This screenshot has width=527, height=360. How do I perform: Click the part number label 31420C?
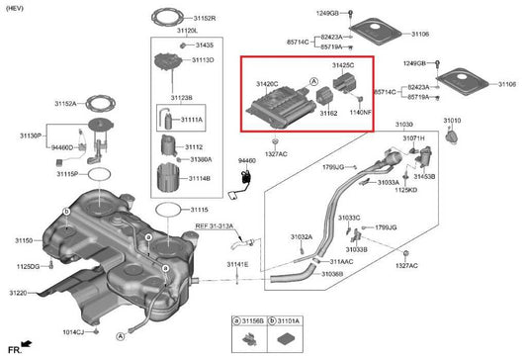point(267,85)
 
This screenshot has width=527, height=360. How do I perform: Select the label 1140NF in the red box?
point(360,114)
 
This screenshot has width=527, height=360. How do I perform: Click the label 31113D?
point(204,60)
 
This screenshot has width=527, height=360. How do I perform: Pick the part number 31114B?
point(199,178)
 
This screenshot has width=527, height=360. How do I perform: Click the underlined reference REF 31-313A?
point(214,225)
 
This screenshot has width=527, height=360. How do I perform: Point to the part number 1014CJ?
point(73,333)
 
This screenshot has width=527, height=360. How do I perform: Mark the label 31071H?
point(412,139)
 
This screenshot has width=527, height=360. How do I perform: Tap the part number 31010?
point(452,120)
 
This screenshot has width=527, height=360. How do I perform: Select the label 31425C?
point(343,65)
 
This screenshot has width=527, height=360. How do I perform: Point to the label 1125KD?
point(407,190)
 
